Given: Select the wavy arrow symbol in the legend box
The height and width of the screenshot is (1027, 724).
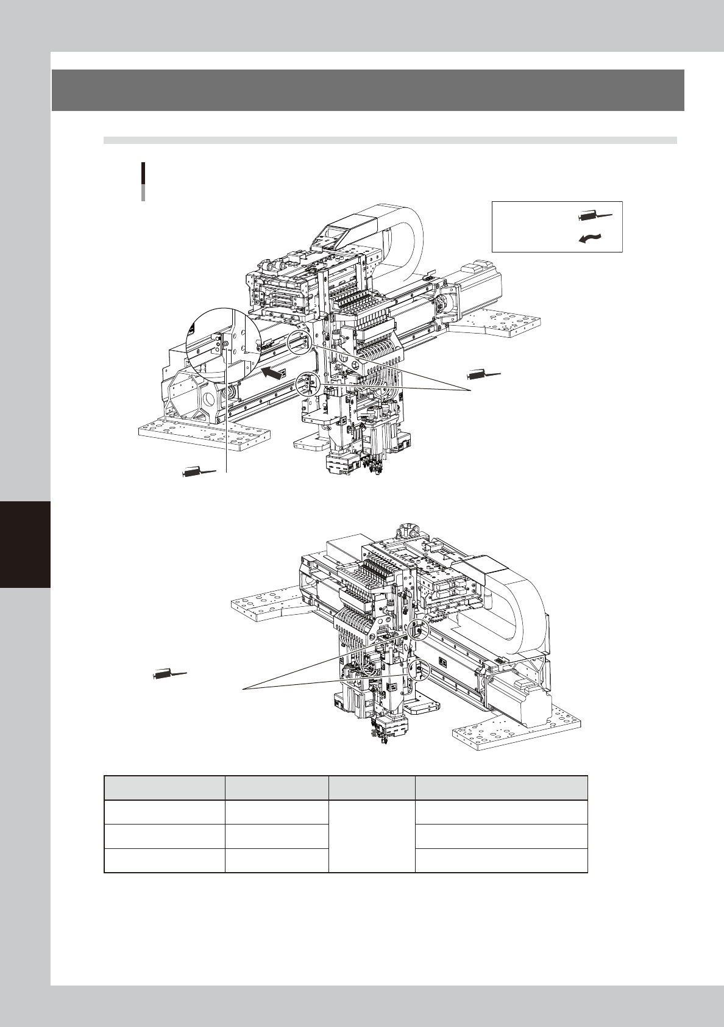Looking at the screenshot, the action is click(591, 240).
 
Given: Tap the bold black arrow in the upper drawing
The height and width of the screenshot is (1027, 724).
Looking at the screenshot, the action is click(273, 373).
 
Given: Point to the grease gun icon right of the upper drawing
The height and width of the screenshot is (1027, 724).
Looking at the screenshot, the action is click(483, 374).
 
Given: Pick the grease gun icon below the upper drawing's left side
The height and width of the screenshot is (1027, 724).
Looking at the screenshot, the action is click(199, 471).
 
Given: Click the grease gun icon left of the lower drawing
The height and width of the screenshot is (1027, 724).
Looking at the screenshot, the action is click(169, 675).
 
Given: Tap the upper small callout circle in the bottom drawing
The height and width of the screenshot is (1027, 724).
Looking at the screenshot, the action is click(418, 628).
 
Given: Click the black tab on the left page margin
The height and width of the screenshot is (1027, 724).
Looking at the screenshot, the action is click(25, 544).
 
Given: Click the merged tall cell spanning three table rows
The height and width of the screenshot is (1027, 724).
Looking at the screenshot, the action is click(371, 836).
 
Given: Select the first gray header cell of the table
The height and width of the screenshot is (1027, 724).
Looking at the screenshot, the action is click(165, 787).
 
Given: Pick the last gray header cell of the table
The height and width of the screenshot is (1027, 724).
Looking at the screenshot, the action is click(501, 787).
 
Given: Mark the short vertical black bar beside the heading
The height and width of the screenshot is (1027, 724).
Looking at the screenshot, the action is click(143, 181).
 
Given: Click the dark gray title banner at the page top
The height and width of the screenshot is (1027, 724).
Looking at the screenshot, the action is click(367, 90).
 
